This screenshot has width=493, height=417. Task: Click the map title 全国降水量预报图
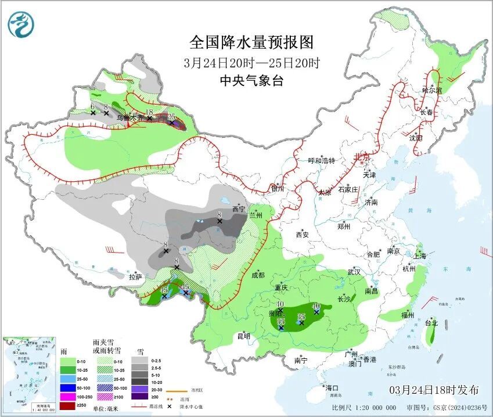click(251, 42)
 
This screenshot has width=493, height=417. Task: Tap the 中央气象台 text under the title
click(251, 81)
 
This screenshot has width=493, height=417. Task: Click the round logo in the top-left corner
click(21, 24)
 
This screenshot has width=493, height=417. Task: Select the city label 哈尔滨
click(431, 91)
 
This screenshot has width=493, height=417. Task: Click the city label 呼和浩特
click(322, 161)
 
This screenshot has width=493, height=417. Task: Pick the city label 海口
click(332, 387)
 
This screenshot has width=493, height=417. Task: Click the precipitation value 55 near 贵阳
click(281, 321)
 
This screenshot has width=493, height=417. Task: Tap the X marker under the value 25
click(171, 123)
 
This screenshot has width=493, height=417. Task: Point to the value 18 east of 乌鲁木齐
click(149, 112)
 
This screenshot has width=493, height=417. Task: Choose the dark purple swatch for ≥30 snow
click(139, 397)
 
